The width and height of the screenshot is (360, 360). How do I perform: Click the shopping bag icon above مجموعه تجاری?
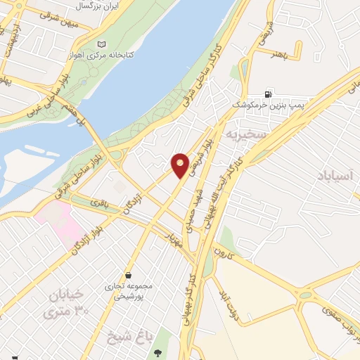[128, 275]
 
